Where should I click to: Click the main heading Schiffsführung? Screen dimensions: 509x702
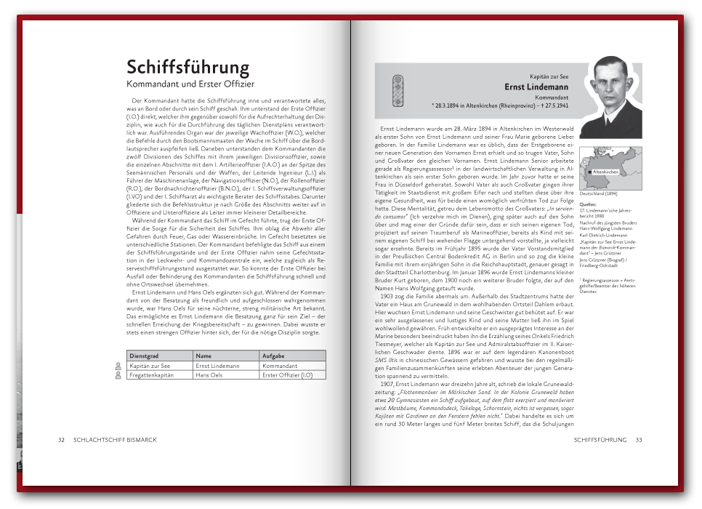(x=187, y=68)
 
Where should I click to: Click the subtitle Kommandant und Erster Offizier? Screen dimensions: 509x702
(x=190, y=84)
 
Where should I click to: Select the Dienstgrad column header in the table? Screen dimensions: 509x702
(x=143, y=355)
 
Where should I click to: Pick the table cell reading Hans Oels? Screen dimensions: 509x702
(x=209, y=374)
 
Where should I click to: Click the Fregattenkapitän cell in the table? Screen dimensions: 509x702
(x=153, y=374)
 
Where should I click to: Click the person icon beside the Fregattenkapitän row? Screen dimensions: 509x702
(x=118, y=375)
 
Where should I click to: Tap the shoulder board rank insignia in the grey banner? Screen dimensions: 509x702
(x=396, y=91)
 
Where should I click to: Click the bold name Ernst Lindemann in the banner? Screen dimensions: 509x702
(x=536, y=87)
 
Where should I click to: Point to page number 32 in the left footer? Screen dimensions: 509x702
(x=62, y=440)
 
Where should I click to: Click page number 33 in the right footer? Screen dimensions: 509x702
(x=639, y=440)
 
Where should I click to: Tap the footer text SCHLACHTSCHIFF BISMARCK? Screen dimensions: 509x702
(x=115, y=440)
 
